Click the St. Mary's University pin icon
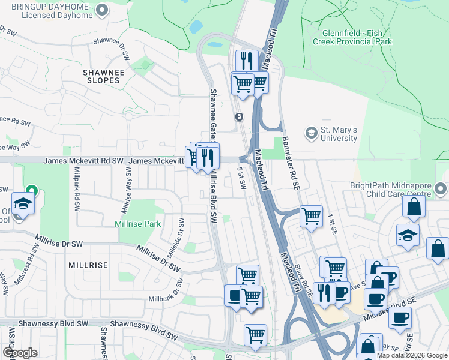pos(311,132)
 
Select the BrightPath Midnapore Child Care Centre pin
pos(441,190)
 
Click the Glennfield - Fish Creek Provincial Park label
pos(352,38)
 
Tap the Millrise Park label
pos(138,224)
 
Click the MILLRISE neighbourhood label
pos(88,265)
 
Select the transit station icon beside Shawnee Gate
pos(239,116)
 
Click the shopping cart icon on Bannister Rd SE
pos(311,215)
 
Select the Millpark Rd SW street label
pos(76,188)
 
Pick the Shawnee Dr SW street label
pos(112,50)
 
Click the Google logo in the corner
pos(20,352)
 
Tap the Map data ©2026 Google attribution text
pos(412,355)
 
